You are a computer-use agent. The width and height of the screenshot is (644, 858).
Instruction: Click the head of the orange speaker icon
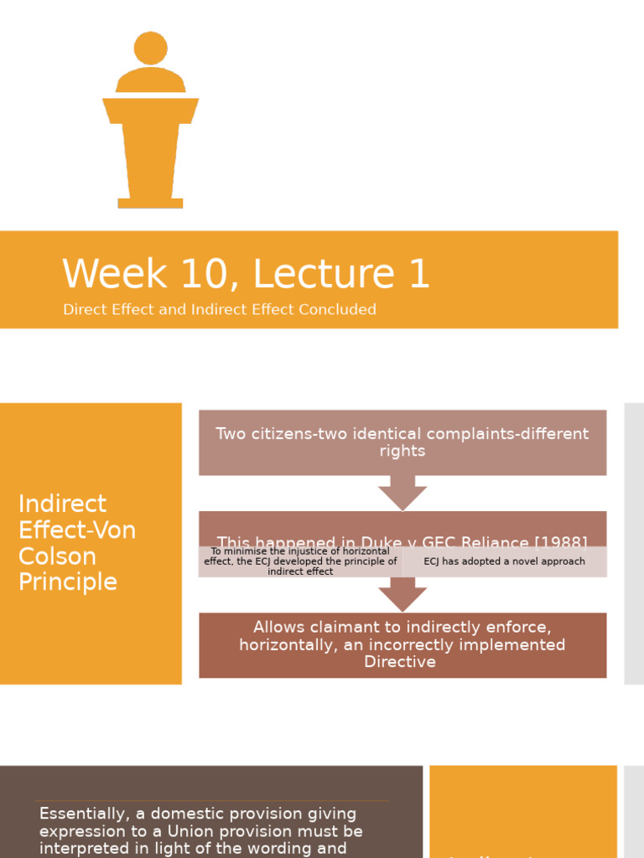click(151, 48)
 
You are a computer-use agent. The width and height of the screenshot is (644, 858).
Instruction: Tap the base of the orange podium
click(150, 203)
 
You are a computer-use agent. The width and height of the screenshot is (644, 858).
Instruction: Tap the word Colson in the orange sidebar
click(57, 556)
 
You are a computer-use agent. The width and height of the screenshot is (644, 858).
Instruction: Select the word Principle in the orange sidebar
click(67, 582)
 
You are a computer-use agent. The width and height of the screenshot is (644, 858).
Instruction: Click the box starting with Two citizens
click(402, 442)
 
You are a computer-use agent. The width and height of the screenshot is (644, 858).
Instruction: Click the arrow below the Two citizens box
click(402, 493)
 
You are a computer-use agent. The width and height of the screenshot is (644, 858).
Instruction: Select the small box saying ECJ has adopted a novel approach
click(504, 561)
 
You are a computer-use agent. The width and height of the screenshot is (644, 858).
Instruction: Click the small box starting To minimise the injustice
click(300, 561)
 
